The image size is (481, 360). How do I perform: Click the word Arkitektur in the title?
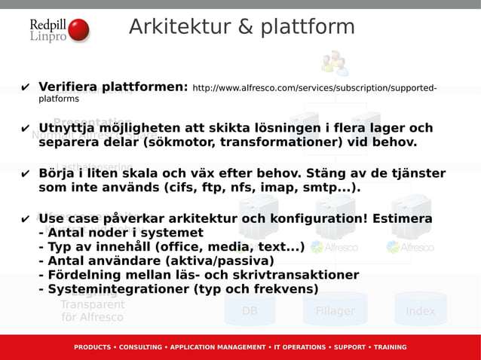coord(177,27)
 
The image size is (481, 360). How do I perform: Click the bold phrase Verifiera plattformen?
coord(113,87)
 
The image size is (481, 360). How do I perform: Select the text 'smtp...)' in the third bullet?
coord(330,187)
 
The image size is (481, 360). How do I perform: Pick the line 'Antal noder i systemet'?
coord(121,233)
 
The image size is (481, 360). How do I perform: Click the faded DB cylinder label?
coord(250,311)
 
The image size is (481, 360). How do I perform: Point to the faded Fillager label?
coord(335,311)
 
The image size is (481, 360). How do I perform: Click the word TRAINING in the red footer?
coord(384,347)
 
